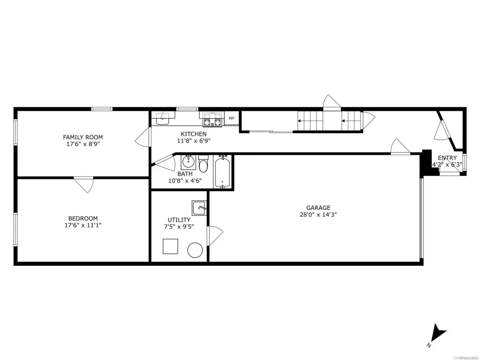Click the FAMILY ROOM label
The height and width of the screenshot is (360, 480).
tap(83, 137)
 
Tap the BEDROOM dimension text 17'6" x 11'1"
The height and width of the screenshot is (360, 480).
tap(83, 225)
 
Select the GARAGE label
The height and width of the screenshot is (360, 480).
tap(318, 208)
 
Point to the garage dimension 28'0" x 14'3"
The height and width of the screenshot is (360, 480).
tap(318, 215)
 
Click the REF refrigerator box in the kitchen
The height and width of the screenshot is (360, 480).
tap(232, 119)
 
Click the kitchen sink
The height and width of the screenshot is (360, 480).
tap(163, 119)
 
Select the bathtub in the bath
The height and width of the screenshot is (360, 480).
tap(222, 172)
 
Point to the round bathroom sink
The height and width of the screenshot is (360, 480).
tap(188, 162)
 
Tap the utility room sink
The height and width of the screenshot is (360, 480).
tap(199, 206)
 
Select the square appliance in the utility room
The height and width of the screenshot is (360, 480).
tap(170, 246)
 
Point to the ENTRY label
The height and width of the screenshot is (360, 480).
tap(447, 158)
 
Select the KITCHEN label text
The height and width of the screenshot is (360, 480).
tap(192, 134)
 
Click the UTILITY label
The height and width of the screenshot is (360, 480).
tap(179, 219)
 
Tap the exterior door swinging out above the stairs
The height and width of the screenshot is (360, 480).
tap(332, 103)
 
